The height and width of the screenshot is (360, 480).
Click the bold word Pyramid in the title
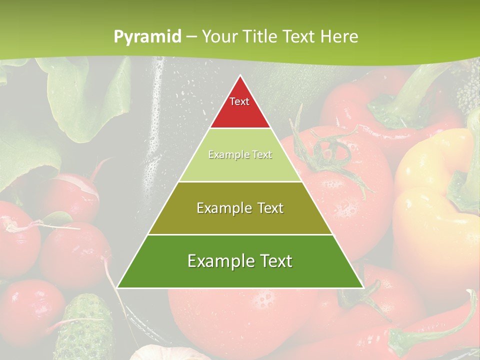click(147, 36)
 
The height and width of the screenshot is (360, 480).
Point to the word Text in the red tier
click(239, 101)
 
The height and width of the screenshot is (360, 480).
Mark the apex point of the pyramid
click(240, 75)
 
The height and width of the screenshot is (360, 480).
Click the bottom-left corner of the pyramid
click(117, 287)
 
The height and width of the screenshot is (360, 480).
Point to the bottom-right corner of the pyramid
click(363, 287)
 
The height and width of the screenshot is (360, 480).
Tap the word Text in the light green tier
click(261, 155)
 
